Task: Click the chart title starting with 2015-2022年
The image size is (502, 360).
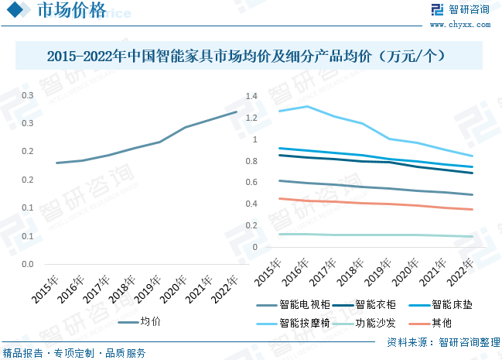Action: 251,57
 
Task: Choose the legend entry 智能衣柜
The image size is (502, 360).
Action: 374,304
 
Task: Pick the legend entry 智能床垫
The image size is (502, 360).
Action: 450,304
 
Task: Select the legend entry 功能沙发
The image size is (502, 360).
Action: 374,323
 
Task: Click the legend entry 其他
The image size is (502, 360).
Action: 441,323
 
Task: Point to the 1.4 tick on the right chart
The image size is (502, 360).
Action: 250,97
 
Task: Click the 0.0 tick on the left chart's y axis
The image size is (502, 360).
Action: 27,264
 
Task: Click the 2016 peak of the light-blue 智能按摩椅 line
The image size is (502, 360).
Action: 307,106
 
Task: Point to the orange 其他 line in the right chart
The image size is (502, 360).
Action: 387,204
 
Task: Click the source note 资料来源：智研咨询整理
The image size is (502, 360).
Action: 443,341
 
